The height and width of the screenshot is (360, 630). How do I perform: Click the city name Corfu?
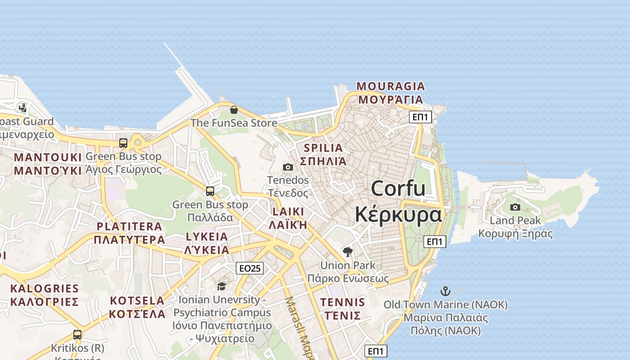pyautogui.click(x=398, y=188)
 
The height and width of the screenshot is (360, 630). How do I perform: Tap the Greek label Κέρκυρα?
pyautogui.click(x=398, y=215)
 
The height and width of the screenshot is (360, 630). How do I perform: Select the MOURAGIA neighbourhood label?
pyautogui.click(x=391, y=86)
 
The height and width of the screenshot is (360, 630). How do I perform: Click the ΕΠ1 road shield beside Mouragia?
pyautogui.click(x=421, y=117)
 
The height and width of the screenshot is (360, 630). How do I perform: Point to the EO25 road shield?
pyautogui.click(x=250, y=269)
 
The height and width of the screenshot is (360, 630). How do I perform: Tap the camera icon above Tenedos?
pyautogui.click(x=288, y=167)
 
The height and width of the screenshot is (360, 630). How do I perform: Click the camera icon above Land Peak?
pyautogui.click(x=515, y=207)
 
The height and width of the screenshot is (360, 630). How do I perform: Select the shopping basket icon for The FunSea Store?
pyautogui.click(x=234, y=110)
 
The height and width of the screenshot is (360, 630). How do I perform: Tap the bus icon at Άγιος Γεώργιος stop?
pyautogui.click(x=123, y=143)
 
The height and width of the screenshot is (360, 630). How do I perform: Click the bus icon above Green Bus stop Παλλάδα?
pyautogui.click(x=210, y=191)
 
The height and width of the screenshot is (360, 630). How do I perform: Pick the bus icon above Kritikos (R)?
pyautogui.click(x=77, y=335)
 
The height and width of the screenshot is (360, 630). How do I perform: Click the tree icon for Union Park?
pyautogui.click(x=347, y=252)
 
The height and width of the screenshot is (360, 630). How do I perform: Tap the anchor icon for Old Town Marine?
pyautogui.click(x=445, y=291)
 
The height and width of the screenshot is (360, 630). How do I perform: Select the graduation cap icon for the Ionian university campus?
pyautogui.click(x=221, y=287)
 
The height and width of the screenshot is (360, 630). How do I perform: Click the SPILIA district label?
pyautogui.click(x=323, y=148)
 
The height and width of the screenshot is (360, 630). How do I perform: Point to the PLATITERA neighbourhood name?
pyautogui.click(x=129, y=226)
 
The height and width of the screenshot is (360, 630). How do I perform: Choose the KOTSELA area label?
pyautogui.click(x=137, y=301)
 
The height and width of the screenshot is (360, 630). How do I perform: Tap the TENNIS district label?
pyautogui.click(x=342, y=302)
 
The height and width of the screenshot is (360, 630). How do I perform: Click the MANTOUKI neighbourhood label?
pyautogui.click(x=48, y=157)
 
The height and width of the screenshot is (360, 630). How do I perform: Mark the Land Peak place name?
pyautogui.click(x=515, y=220)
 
